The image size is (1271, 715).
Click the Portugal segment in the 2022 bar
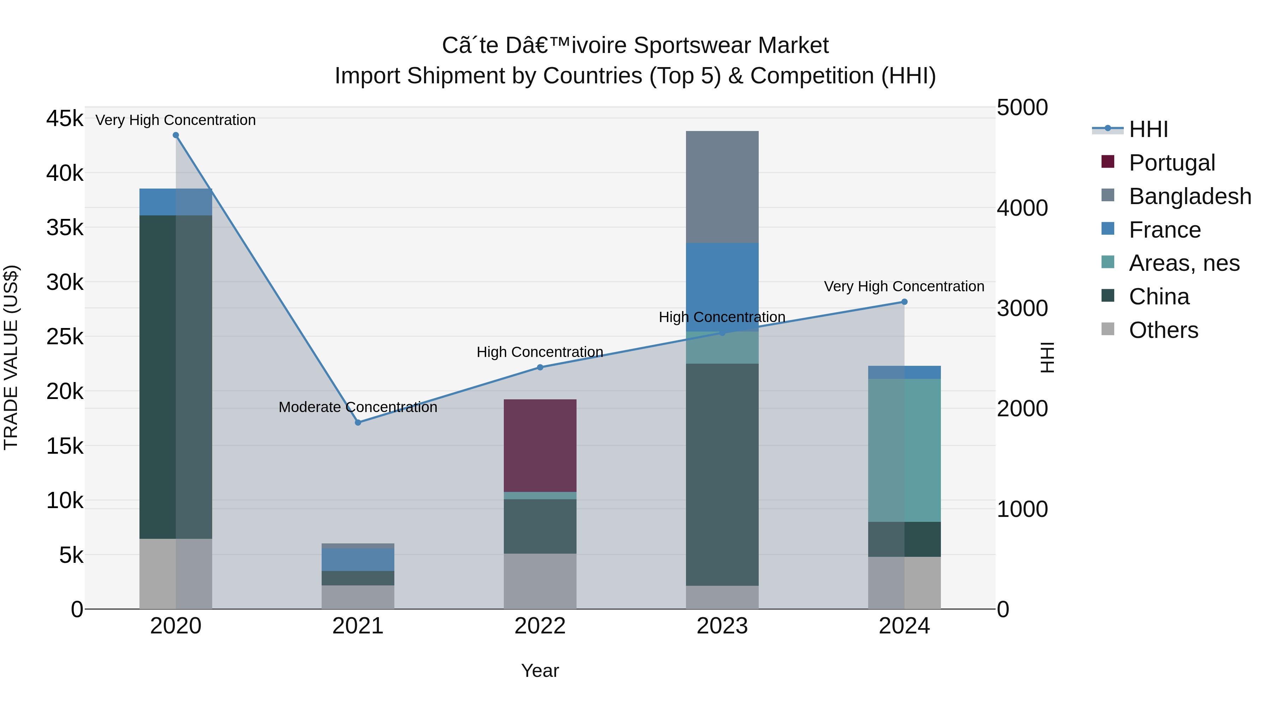(x=540, y=445)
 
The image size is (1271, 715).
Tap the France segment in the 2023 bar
(x=722, y=286)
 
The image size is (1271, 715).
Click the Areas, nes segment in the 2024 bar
(x=904, y=450)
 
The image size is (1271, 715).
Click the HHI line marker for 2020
(x=176, y=135)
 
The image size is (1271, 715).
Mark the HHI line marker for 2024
(x=904, y=302)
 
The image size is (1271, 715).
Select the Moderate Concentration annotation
(x=358, y=407)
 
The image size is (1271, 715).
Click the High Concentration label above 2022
(x=540, y=352)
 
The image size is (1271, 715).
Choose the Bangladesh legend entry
(x=1189, y=196)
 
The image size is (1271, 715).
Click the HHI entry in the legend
(x=1148, y=129)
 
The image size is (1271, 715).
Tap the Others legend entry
(x=1163, y=330)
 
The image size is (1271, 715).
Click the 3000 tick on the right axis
(x=1022, y=308)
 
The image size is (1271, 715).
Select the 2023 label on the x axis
(x=722, y=626)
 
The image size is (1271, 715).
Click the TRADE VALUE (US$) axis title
(x=11, y=357)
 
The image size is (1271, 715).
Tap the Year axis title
(x=540, y=671)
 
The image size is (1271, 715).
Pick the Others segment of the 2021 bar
(x=358, y=597)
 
